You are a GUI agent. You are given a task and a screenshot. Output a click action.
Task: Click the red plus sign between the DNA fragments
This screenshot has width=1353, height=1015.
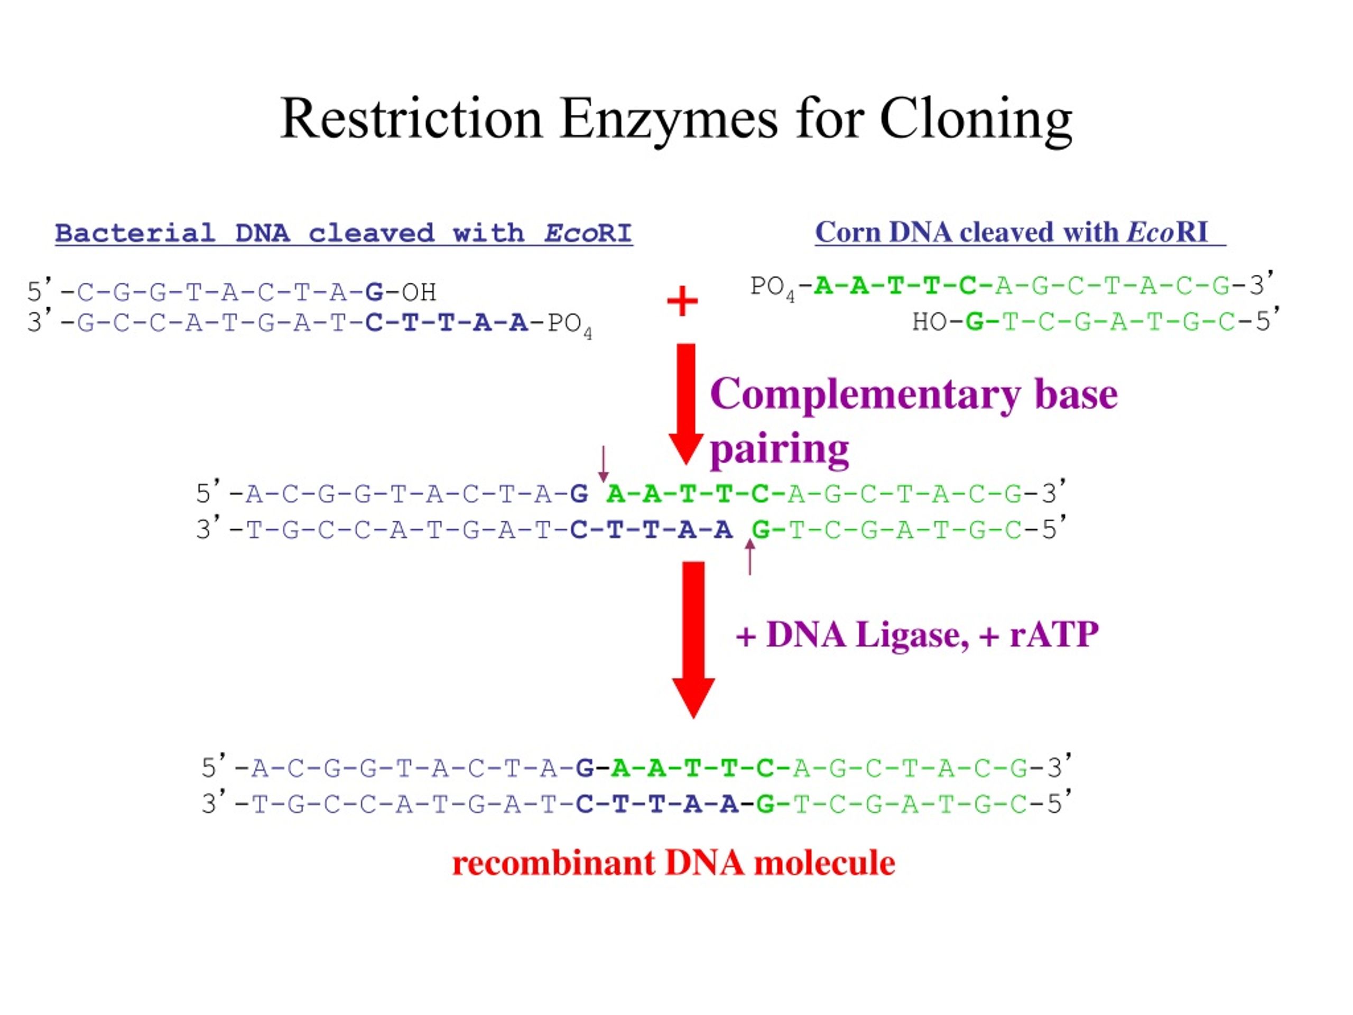(682, 301)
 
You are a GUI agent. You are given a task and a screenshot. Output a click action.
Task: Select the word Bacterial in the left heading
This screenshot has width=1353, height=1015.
(135, 233)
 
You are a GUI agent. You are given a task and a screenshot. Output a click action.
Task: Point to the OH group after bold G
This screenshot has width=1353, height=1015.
(419, 292)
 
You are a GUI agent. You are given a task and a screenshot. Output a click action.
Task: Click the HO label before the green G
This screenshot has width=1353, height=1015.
(929, 322)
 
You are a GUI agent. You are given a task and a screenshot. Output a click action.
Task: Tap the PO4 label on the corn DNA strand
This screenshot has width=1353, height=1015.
(773, 288)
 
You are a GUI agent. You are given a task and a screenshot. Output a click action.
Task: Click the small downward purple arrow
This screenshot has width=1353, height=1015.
(603, 464)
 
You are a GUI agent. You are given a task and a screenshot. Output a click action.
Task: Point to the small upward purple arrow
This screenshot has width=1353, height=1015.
(750, 557)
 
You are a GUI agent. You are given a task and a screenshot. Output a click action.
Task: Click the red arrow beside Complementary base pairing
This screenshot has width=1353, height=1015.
(687, 404)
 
